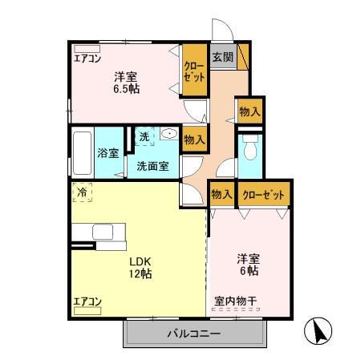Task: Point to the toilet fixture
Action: (x=250, y=148)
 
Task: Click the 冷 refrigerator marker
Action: (x=82, y=192)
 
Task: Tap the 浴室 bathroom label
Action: (x=108, y=152)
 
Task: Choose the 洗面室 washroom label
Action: (x=152, y=166)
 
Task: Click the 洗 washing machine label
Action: (x=144, y=137)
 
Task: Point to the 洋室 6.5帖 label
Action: (x=126, y=83)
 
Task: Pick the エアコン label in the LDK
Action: (x=87, y=301)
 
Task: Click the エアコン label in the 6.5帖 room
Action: (x=87, y=59)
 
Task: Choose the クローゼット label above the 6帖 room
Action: (x=261, y=194)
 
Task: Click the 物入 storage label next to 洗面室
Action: (x=194, y=140)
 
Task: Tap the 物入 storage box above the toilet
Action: (x=249, y=111)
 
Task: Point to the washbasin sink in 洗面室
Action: (x=168, y=135)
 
